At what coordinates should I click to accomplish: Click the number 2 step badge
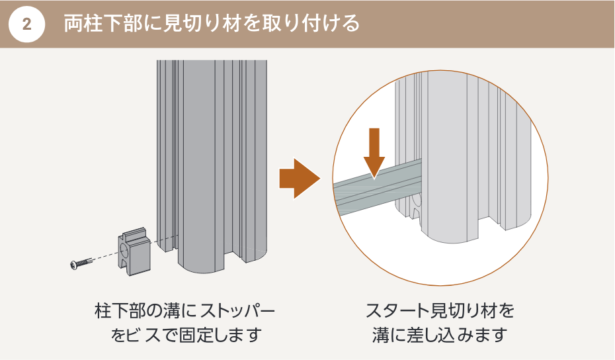26,24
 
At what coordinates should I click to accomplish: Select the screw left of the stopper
81,264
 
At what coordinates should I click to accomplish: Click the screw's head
73,265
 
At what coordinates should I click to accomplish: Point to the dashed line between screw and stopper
106,258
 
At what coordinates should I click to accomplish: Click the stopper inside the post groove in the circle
416,202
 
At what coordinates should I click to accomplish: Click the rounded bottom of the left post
198,265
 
